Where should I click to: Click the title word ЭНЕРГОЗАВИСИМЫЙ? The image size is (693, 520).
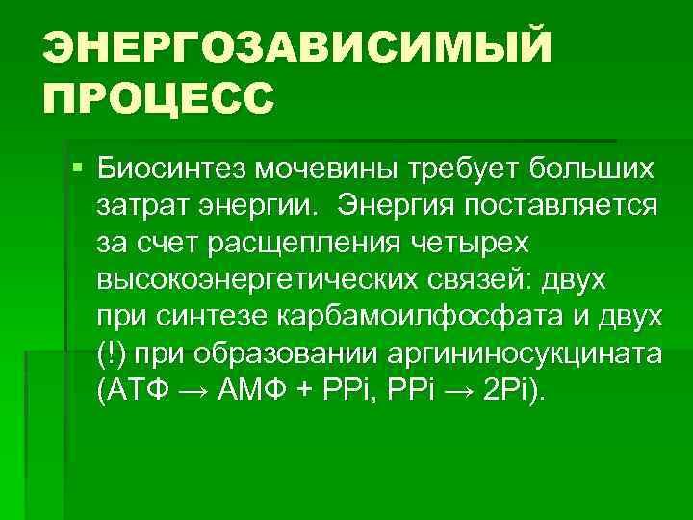(x=297, y=47)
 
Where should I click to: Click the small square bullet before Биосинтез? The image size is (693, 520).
(x=77, y=169)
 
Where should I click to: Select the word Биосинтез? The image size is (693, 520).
(x=169, y=169)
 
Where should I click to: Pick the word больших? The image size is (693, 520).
(x=588, y=169)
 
